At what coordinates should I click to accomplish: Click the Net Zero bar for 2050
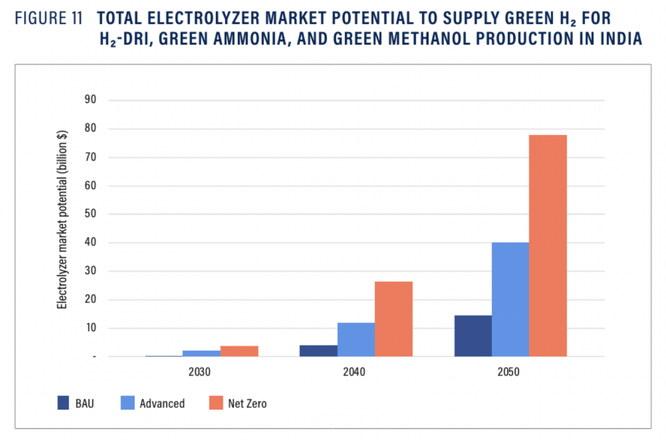click(547, 245)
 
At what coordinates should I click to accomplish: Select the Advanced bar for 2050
click(510, 299)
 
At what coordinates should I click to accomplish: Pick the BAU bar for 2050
click(473, 336)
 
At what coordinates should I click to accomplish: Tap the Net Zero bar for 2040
click(393, 318)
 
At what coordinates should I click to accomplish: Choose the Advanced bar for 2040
click(356, 339)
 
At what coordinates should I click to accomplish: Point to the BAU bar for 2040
click(319, 351)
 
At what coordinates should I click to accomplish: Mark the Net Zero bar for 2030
click(239, 351)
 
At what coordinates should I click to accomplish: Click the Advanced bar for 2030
click(201, 353)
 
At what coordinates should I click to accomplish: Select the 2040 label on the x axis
click(354, 372)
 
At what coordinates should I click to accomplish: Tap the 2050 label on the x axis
click(508, 372)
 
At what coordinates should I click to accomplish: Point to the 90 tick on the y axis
click(90, 100)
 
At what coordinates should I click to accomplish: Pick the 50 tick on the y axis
click(90, 214)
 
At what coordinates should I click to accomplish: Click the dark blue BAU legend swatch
click(64, 403)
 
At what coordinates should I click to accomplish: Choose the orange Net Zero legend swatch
click(215, 403)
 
